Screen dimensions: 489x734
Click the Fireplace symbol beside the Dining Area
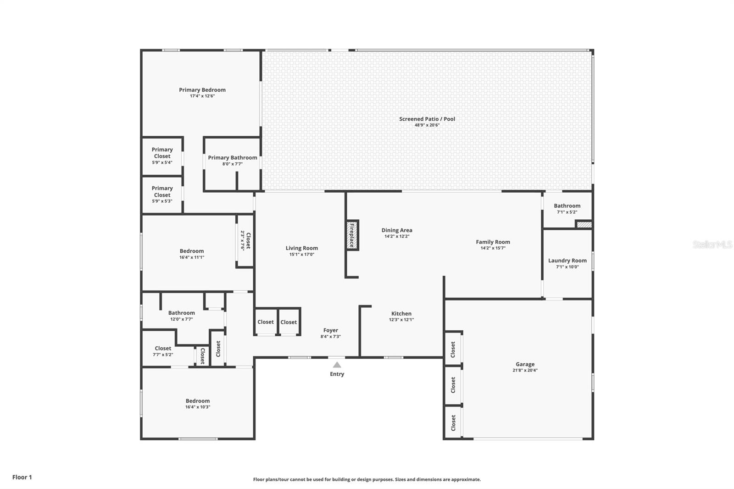pos(352,235)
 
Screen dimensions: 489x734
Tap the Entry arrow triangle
pos(337,365)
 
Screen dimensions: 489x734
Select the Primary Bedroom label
pos(202,90)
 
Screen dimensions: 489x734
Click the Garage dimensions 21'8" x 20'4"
pos(525,371)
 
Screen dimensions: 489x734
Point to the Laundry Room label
pos(567,261)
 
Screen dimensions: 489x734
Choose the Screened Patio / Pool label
pos(427,119)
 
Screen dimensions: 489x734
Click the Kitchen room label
pos(401,314)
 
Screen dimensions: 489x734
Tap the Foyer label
pos(331,330)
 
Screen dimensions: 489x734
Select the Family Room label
pos(493,242)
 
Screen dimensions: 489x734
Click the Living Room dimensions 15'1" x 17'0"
pos(301,255)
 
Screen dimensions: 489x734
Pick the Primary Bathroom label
pos(233,157)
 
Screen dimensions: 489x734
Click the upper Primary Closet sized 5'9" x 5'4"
pos(162,156)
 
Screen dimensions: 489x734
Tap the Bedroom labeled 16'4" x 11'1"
pos(192,254)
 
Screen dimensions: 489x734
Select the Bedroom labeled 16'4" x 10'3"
pos(198,404)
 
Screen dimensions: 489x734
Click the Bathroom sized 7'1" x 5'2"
pos(567,208)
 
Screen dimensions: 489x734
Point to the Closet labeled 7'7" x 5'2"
pos(163,351)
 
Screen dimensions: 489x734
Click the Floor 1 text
pos(22,477)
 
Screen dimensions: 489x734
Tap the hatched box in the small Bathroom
pos(584,225)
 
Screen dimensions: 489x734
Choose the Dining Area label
pos(397,230)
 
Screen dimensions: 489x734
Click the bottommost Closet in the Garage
pos(453,422)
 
